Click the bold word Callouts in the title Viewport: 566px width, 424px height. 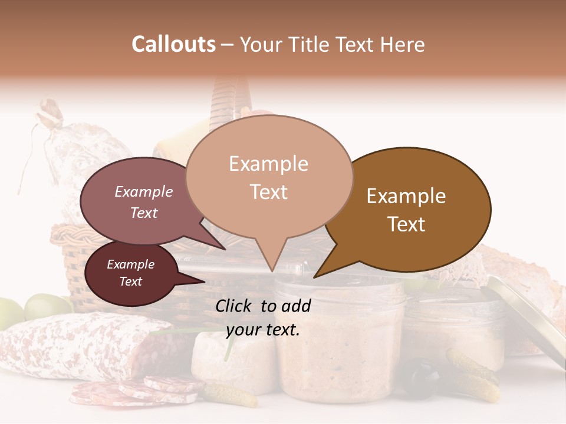coord(173,44)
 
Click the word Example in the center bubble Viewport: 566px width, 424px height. coord(268,164)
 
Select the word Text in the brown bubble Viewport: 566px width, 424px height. coord(406,224)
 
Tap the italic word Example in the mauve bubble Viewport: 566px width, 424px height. coord(143,191)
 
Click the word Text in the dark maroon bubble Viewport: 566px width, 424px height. coord(130,281)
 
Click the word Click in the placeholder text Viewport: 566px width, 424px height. coord(235,306)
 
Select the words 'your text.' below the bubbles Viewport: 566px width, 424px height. coord(262,330)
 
